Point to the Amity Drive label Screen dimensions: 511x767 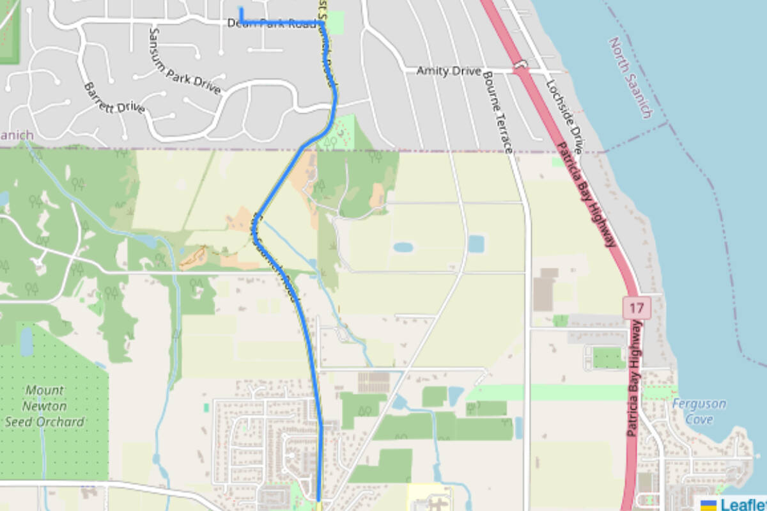[449, 71]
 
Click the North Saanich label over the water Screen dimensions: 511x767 [630, 77]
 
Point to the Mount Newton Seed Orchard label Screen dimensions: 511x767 [44, 405]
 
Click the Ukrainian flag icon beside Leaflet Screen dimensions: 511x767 [708, 505]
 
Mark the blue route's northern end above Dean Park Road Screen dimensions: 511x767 [241, 8]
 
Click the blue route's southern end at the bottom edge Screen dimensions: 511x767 [318, 499]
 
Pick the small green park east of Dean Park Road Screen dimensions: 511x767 [334, 22]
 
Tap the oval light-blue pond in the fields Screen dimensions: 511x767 [403, 247]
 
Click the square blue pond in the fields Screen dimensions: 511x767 [476, 244]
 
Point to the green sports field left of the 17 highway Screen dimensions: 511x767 [608, 358]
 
